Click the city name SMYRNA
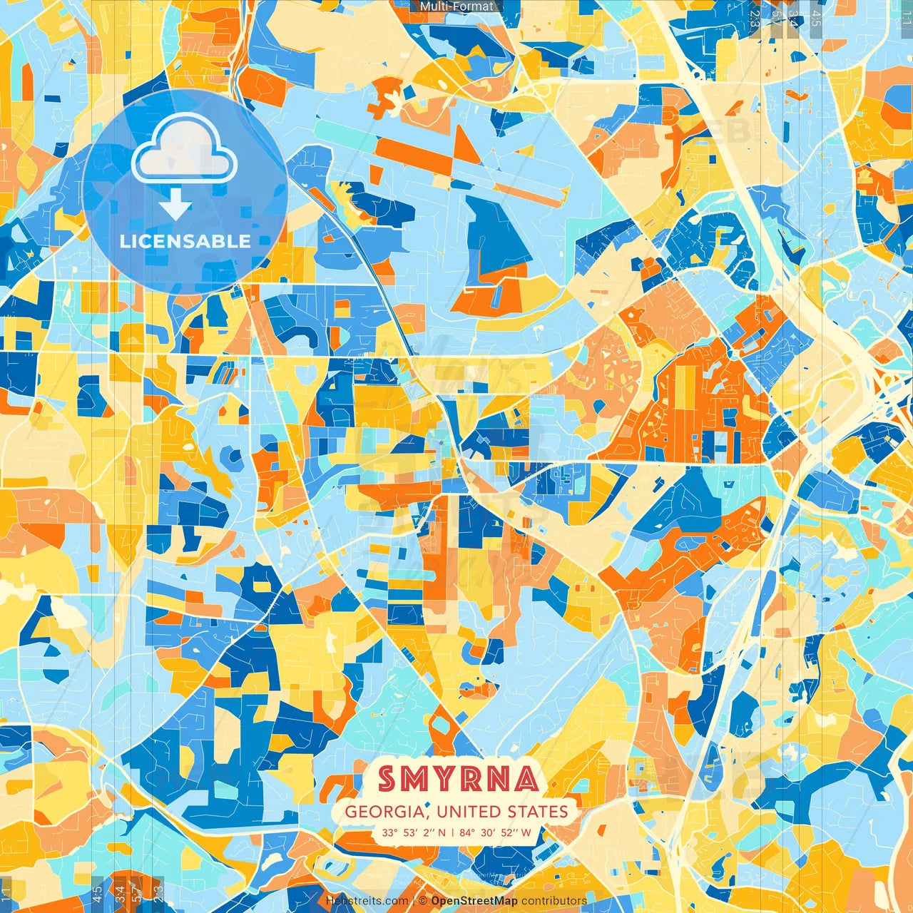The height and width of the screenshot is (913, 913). [457, 778]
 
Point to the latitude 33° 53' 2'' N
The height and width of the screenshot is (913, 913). [413, 832]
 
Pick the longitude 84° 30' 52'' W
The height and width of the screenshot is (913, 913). [495, 832]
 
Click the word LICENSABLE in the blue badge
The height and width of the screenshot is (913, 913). [185, 241]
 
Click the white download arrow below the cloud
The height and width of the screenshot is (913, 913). [175, 207]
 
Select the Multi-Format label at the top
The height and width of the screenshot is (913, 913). [456, 6]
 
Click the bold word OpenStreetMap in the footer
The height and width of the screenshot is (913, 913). [474, 901]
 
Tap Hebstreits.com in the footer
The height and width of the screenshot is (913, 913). [367, 901]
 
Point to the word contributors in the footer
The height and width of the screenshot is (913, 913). [554, 901]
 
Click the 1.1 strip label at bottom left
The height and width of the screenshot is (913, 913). [7, 892]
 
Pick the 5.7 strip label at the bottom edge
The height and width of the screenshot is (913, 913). [137, 892]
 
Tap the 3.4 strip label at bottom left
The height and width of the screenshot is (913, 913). [120, 892]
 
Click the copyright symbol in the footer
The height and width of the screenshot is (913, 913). [422, 901]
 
